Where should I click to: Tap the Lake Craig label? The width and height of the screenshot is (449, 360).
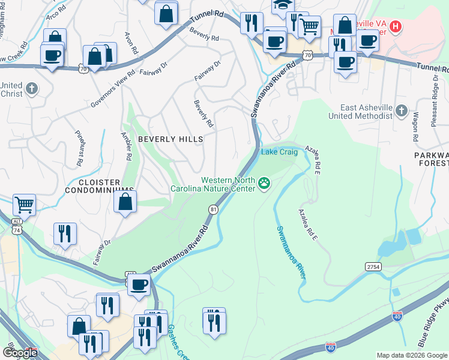(x=279, y=152)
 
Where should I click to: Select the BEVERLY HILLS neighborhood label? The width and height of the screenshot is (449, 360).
(x=170, y=139)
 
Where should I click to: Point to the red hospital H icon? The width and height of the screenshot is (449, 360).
(x=395, y=26)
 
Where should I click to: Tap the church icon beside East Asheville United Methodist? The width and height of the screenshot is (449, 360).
(x=401, y=111)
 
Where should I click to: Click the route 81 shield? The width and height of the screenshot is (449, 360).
(x=212, y=209)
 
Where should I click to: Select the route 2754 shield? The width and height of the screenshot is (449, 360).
(x=372, y=266)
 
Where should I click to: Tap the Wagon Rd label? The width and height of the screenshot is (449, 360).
(x=415, y=128)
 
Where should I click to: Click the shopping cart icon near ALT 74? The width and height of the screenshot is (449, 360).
(x=24, y=205)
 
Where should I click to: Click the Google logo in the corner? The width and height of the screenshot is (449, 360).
(x=20, y=352)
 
